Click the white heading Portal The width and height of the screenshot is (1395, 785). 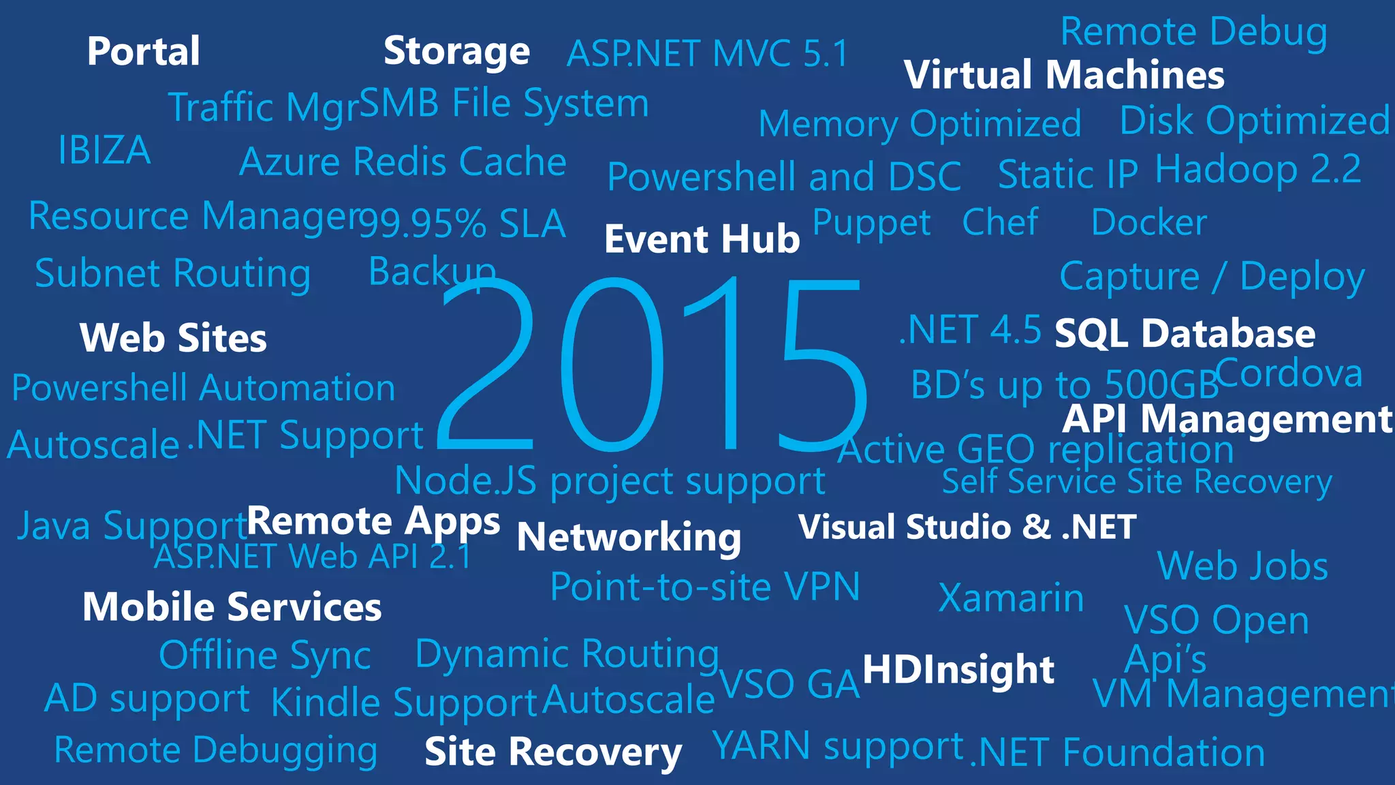(143, 51)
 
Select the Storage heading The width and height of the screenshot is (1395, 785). (456, 51)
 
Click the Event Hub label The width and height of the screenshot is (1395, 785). (702, 239)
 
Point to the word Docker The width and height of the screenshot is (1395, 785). (1149, 223)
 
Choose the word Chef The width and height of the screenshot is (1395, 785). (1000, 222)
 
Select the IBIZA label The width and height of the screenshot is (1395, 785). (104, 151)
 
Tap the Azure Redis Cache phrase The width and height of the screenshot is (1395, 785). (403, 162)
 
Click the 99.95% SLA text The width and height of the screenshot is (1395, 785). (463, 224)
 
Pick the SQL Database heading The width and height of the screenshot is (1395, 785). (1185, 334)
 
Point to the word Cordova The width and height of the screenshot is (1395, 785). (1289, 373)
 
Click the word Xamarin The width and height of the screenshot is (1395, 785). (1011, 598)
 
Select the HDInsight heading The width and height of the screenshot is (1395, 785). (958, 669)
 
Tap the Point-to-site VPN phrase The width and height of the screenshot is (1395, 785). (705, 587)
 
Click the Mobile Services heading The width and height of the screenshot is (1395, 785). (232, 607)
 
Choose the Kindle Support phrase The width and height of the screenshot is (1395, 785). (405, 703)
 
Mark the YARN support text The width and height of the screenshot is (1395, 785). (838, 745)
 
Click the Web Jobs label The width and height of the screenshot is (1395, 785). (1242, 566)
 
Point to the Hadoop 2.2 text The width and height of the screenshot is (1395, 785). (1258, 169)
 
